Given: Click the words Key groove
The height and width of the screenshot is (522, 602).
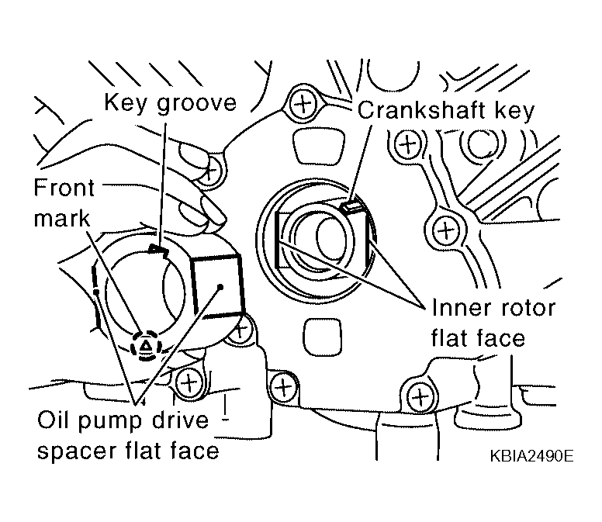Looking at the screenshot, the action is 171,103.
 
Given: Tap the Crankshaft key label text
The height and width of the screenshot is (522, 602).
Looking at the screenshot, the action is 446,111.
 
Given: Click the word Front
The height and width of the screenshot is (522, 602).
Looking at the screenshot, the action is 64,188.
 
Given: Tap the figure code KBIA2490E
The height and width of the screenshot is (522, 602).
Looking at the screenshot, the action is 531,456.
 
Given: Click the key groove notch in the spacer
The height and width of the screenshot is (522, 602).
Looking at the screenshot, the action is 157,250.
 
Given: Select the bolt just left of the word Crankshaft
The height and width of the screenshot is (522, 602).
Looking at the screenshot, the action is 303,104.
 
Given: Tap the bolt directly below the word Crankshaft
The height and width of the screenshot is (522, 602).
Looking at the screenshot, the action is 407,144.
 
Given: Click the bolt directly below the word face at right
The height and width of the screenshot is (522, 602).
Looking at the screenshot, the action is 420,396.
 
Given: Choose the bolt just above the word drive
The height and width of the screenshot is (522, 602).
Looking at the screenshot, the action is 189,383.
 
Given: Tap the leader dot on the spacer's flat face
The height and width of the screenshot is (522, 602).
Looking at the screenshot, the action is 220,287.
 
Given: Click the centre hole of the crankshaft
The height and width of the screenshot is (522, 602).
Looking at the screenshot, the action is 331,239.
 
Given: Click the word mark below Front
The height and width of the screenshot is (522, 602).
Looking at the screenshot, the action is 62,218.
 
